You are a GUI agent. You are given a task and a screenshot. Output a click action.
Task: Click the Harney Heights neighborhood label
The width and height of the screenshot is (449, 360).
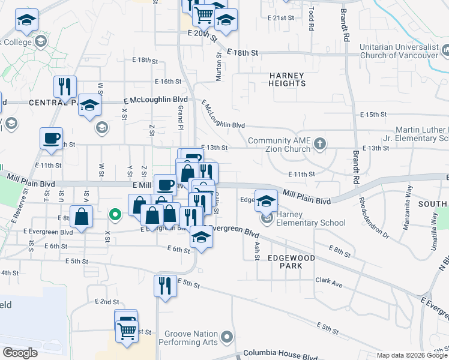(x=287, y=79)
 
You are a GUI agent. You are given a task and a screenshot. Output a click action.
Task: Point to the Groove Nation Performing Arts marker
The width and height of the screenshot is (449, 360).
(x=226, y=337)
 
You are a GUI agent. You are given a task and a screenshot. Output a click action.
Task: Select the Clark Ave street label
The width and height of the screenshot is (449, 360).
(x=328, y=280)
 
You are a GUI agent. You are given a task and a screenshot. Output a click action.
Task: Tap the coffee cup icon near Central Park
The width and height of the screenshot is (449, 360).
(x=51, y=137)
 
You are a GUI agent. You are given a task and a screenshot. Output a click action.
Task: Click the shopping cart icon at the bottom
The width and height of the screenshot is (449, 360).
(x=127, y=329)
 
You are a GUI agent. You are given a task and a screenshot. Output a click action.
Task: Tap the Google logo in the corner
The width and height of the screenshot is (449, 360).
(x=19, y=353)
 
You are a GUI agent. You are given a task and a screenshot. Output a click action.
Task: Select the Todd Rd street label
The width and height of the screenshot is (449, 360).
(x=312, y=20)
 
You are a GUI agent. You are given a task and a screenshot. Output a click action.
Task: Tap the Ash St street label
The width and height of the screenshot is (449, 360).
(x=256, y=243)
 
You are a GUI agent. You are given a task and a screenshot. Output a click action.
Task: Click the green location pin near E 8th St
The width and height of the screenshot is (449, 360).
(x=114, y=214)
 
